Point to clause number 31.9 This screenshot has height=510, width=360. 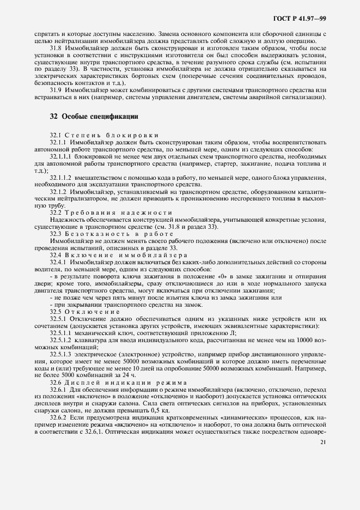point(57,90)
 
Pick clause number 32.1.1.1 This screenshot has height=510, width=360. point(61,156)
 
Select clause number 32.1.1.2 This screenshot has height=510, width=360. point(61,178)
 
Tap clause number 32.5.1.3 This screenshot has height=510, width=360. point(61,355)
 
